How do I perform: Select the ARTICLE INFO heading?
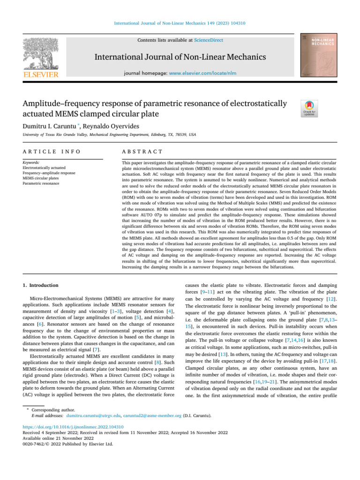(x=46, y=152)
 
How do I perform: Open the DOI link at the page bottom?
(x=74, y=427)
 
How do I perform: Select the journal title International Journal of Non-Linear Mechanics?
(x=180, y=57)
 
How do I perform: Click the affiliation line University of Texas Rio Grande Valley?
(x=109, y=135)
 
